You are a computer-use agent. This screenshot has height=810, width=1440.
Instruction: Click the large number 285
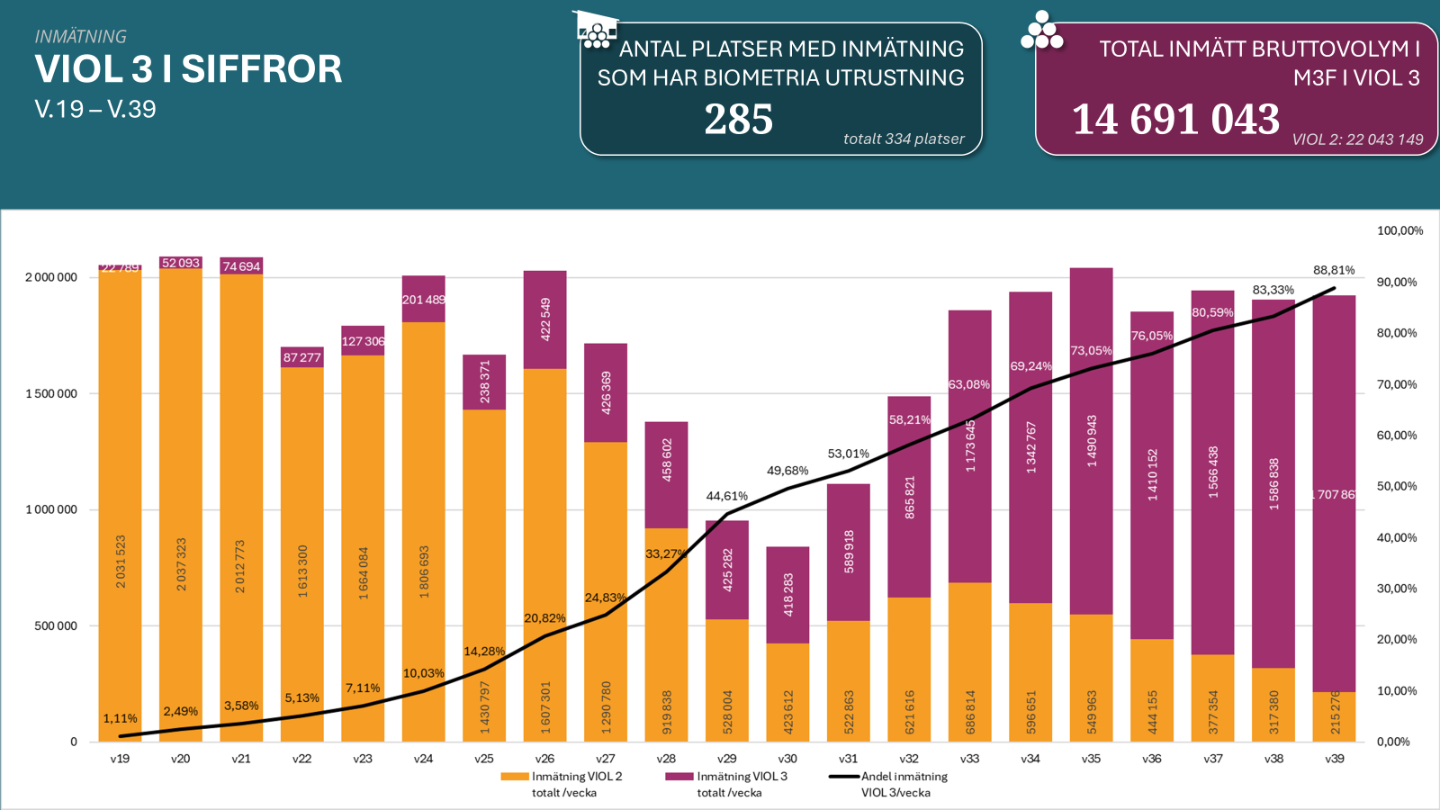pyautogui.click(x=738, y=120)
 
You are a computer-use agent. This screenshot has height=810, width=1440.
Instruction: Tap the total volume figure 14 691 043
pyautogui.click(x=1175, y=120)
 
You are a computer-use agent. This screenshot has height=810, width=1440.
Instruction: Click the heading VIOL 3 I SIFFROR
pyautogui.click(x=188, y=69)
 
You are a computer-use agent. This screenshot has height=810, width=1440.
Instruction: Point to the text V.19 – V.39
pyautogui.click(x=95, y=109)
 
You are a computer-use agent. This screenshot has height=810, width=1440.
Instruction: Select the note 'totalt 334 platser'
pyautogui.click(x=904, y=139)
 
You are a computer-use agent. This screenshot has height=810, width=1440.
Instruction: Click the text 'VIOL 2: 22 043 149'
pyautogui.click(x=1357, y=139)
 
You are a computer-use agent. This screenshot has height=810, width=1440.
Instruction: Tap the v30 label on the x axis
pyautogui.click(x=787, y=759)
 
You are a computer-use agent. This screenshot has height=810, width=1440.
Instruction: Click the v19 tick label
pyautogui.click(x=120, y=759)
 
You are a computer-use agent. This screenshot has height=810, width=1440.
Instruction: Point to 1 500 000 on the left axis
pyautogui.click(x=51, y=393)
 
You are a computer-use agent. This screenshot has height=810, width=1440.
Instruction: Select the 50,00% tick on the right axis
pyautogui.click(x=1397, y=486)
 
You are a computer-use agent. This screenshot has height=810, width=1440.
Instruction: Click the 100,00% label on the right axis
pyautogui.click(x=1399, y=230)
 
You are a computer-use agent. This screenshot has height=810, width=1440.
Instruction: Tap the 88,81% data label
pyautogui.click(x=1334, y=270)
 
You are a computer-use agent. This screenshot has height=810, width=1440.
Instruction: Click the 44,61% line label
pyautogui.click(x=726, y=496)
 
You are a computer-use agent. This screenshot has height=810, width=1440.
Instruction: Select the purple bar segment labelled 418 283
pyautogui.click(x=787, y=595)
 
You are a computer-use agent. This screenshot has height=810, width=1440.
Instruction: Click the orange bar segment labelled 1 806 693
pyautogui.click(x=423, y=531)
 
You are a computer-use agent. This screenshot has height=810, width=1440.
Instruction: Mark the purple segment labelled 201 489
pyautogui.click(x=423, y=300)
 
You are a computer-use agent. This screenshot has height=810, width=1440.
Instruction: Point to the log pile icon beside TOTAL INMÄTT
pyautogui.click(x=1041, y=32)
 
